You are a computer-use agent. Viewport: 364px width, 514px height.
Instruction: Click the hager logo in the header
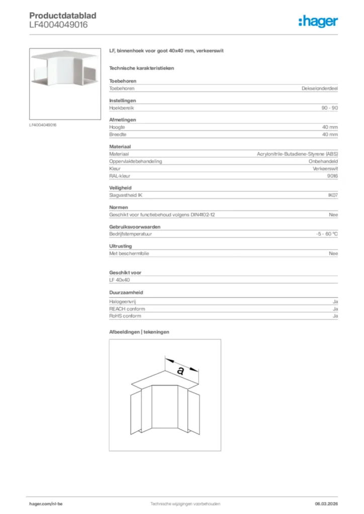point(318,21)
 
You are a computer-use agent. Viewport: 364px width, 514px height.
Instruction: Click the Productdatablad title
point(62,16)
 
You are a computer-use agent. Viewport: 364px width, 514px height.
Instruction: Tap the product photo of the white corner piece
point(65,83)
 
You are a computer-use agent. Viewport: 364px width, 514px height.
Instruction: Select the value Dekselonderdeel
point(320,88)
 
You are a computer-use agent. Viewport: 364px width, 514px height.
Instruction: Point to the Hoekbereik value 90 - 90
point(329,108)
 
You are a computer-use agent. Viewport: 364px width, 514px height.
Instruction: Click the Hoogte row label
point(117,127)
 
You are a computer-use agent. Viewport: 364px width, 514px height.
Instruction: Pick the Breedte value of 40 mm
point(330,135)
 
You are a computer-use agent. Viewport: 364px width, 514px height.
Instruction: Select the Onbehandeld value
point(323,162)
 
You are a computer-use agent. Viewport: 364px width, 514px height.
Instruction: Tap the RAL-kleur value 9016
point(332,176)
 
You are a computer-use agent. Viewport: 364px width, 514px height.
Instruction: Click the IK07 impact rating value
point(332,195)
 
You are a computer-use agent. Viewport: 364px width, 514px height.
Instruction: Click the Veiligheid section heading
point(120,188)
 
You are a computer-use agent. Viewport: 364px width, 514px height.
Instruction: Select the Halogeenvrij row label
point(123,302)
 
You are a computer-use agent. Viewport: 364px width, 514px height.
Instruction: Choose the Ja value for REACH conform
point(335,309)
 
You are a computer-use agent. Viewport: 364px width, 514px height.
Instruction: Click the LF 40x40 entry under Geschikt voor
point(119,280)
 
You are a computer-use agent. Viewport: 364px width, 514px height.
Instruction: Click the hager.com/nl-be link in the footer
point(46,503)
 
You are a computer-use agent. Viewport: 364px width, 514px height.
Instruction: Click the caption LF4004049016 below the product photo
point(43,125)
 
